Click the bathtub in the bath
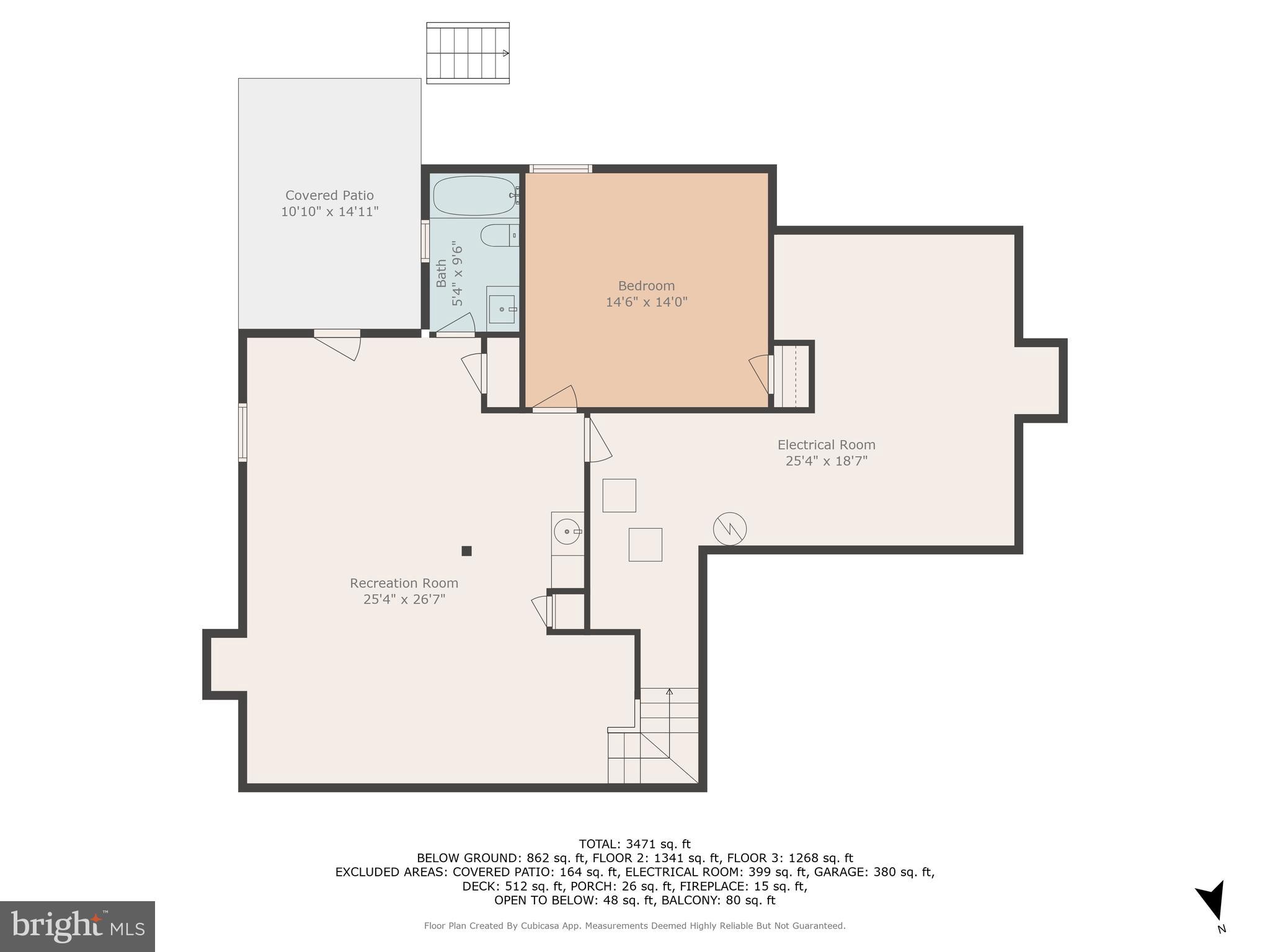tap(474, 195)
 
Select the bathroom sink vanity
tap(502, 307)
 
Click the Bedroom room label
tap(646, 286)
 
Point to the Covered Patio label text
tap(329, 196)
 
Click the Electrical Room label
tap(826, 445)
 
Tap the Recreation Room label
tap(404, 583)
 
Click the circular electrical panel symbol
tap(730, 529)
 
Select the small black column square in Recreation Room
tap(466, 551)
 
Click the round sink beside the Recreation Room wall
tap(567, 532)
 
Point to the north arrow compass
tap(1212, 902)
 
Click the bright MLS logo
tap(77, 926)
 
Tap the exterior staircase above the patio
tap(468, 53)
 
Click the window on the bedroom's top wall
tap(561, 169)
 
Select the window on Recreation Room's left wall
tap(242, 432)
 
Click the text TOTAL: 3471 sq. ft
tap(634, 844)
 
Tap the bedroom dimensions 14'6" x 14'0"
tap(646, 302)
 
